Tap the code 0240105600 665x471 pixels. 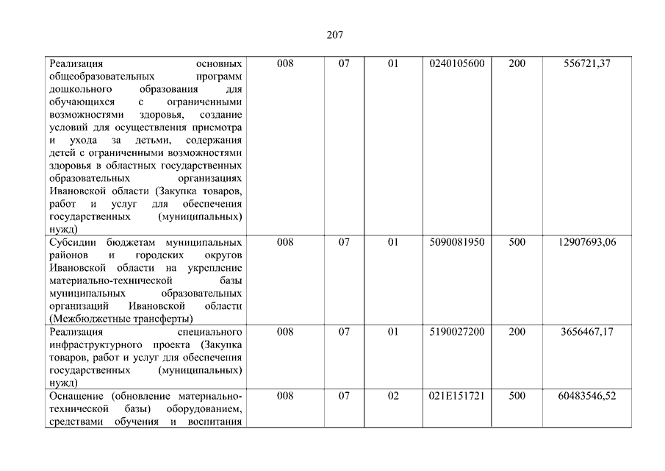[x=456, y=64]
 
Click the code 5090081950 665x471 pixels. [x=456, y=242]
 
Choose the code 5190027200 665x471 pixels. [x=456, y=332]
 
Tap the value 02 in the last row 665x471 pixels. [x=393, y=396]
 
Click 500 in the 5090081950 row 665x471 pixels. [x=517, y=242]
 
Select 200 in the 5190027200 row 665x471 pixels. [x=517, y=332]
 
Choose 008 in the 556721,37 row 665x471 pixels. [x=285, y=64]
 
